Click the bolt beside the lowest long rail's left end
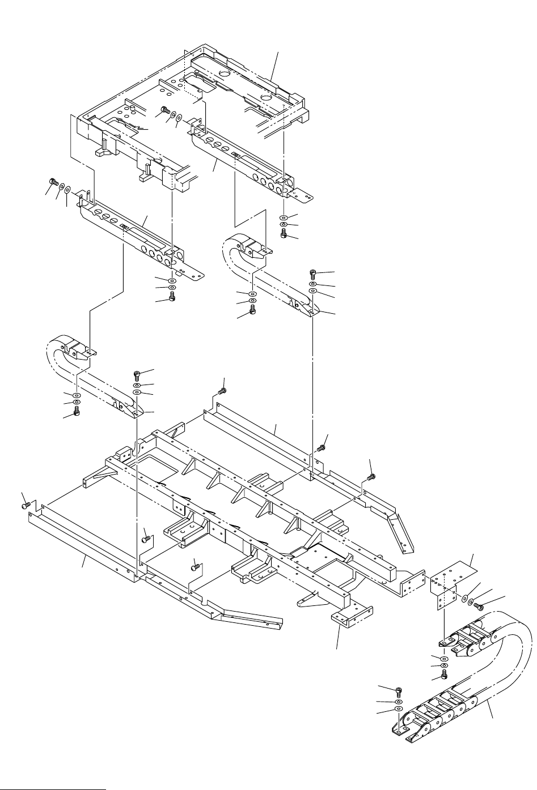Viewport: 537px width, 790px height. pyautogui.click(x=25, y=502)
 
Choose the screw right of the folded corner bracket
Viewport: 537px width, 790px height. pyautogui.click(x=478, y=607)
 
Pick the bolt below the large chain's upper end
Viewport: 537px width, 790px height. pyautogui.click(x=445, y=674)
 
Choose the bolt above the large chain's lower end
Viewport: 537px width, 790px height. pyautogui.click(x=399, y=691)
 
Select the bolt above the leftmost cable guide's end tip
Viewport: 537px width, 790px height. pyautogui.click(x=138, y=374)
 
